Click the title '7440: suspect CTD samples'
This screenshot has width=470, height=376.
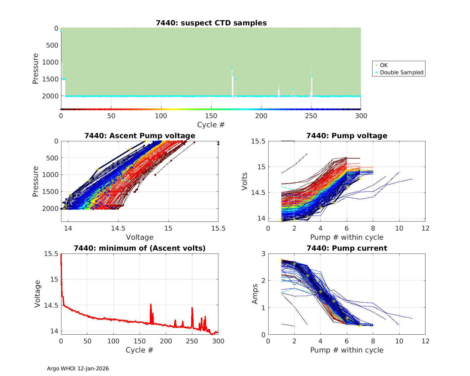coord(211,23)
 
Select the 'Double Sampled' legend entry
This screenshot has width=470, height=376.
coord(401,72)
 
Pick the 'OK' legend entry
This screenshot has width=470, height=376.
coord(384,65)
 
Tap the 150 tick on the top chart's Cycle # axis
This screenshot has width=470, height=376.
coord(211,116)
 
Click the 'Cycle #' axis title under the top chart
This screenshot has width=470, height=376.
coord(211,125)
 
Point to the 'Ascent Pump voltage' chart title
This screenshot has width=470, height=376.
coord(140,136)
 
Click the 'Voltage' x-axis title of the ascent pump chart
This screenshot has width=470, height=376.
coord(140,237)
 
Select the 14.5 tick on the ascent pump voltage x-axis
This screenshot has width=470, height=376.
coord(118,228)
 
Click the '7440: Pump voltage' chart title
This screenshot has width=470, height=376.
coord(347,136)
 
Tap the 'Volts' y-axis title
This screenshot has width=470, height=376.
coord(245,181)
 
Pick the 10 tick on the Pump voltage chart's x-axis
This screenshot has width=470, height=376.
coord(399,228)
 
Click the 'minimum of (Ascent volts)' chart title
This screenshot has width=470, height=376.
coord(140,248)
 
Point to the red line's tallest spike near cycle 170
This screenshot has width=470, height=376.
coord(151,304)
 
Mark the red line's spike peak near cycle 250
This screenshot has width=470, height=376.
coord(192,308)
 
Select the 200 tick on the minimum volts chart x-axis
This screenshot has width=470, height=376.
coord(166,341)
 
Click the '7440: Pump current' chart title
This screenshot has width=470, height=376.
coord(347,248)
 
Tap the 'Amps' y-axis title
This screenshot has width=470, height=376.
coord(255,294)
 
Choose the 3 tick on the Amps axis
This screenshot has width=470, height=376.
coord(263,254)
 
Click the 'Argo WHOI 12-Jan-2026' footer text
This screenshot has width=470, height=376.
coord(78,368)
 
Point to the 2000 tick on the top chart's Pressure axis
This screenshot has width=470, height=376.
coord(50,96)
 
